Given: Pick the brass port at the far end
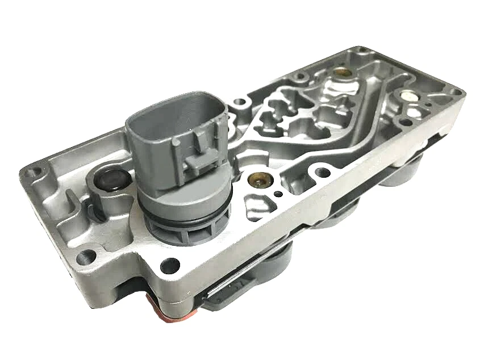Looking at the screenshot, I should tap(341, 73).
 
